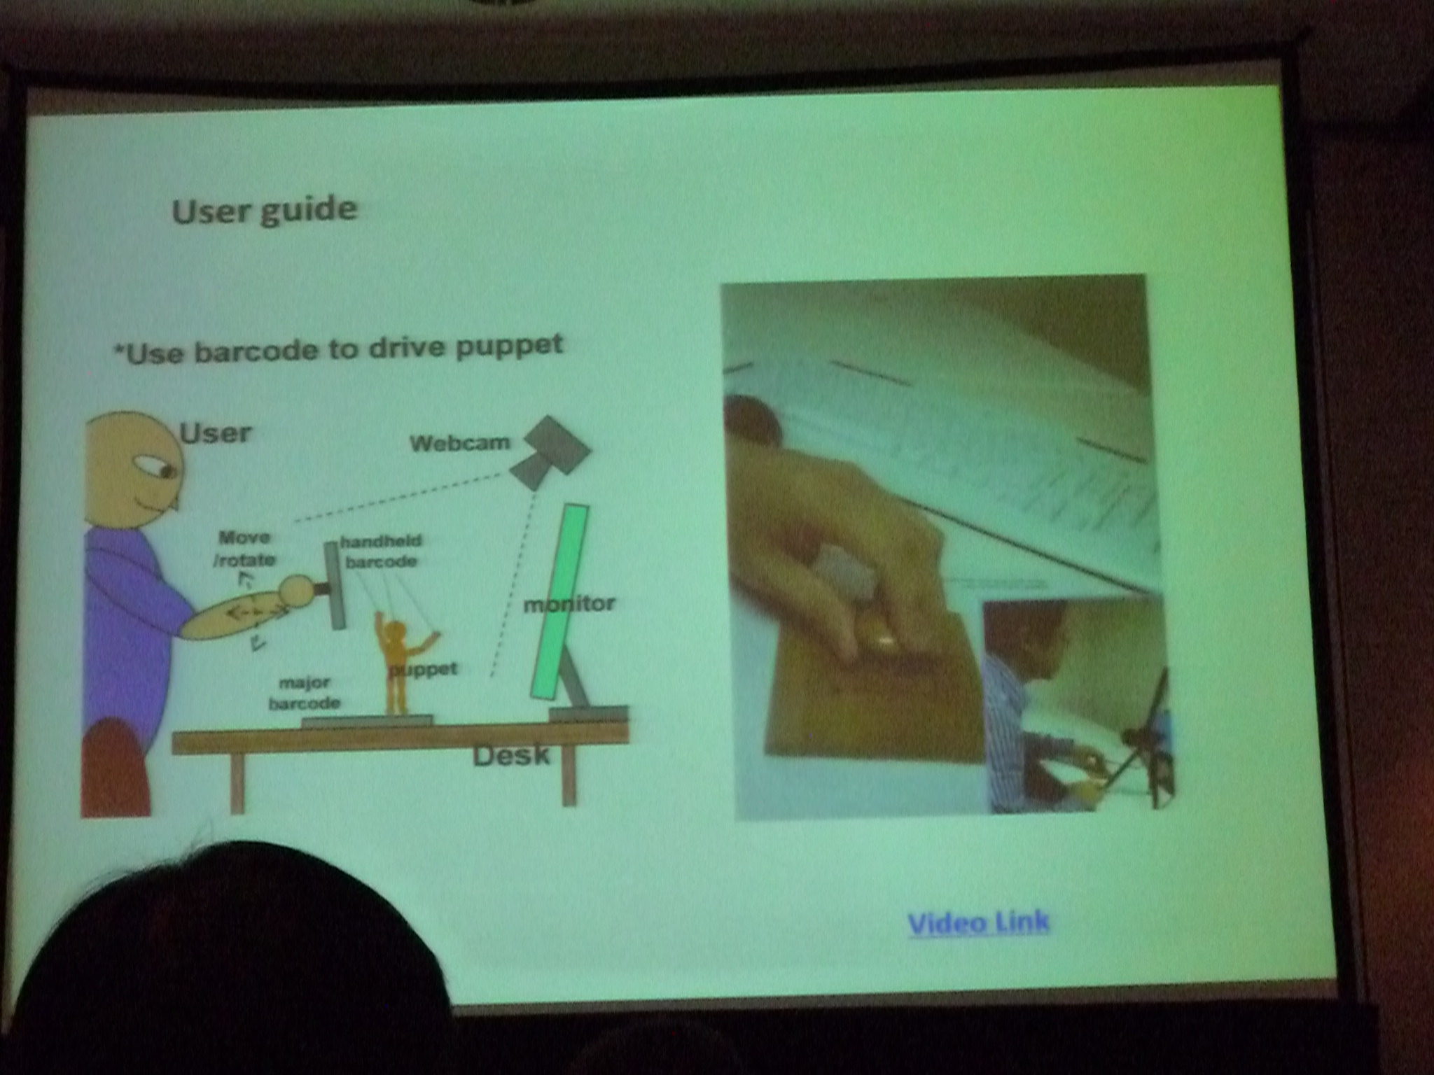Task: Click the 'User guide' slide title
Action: pyautogui.click(x=265, y=211)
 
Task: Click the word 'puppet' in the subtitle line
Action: pyautogui.click(x=509, y=346)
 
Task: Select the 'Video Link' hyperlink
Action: pyautogui.click(x=979, y=922)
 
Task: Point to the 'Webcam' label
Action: pyautogui.click(x=460, y=443)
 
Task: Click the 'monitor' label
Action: pyautogui.click(x=569, y=604)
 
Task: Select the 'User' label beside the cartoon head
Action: pyautogui.click(x=215, y=433)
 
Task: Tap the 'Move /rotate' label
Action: pyautogui.click(x=244, y=549)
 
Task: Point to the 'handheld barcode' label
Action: pyautogui.click(x=382, y=551)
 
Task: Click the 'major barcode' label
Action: pyautogui.click(x=305, y=693)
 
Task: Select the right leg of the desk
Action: pyautogui.click(x=569, y=775)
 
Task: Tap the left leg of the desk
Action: pyautogui.click(x=237, y=783)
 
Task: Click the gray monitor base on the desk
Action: pyautogui.click(x=588, y=715)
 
